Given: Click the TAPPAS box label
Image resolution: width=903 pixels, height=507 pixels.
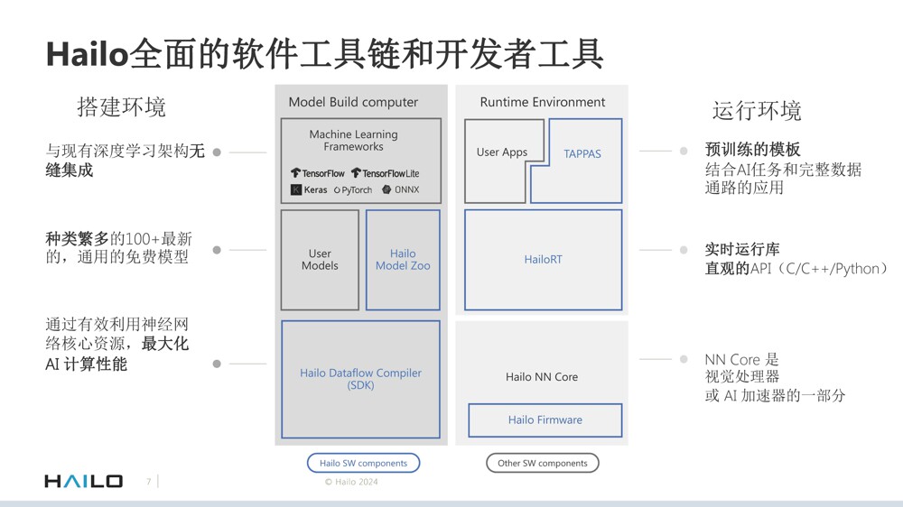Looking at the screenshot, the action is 582,153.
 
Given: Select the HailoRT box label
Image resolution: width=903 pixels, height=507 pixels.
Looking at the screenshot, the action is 543,260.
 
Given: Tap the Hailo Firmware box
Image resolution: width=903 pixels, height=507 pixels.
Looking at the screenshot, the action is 545,420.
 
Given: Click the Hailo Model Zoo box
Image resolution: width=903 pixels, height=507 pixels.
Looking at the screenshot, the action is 403,260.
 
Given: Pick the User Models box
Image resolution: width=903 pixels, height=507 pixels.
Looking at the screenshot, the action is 320,260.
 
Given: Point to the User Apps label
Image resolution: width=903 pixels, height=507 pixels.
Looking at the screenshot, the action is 501,152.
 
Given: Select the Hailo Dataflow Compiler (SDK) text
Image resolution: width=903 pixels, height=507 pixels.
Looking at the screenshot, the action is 360,379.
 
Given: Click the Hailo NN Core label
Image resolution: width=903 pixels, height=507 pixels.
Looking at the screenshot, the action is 541,377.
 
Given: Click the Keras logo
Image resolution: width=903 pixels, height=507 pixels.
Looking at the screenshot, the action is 309,190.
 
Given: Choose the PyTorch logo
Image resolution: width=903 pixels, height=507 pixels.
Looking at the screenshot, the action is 353,190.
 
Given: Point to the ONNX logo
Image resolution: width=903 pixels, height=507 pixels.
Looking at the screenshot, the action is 401,189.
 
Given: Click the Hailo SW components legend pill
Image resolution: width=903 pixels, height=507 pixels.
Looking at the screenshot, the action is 363,463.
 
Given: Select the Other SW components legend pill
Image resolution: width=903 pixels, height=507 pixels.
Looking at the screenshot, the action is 543,463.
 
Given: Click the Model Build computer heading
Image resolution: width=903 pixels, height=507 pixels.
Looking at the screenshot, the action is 353,103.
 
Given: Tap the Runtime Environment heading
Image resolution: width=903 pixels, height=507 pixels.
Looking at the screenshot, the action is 543,103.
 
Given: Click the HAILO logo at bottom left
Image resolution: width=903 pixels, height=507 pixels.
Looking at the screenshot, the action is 83,481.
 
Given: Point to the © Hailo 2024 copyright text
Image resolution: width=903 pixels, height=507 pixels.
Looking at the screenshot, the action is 351,482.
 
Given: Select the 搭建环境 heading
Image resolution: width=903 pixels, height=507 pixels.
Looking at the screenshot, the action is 122,107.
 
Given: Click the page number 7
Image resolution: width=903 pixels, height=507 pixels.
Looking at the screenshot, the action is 149,481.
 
